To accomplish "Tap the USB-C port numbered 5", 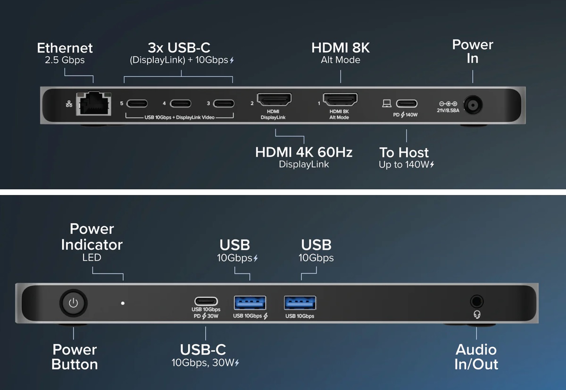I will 137,103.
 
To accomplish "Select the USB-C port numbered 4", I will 180,103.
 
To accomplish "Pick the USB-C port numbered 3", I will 224,103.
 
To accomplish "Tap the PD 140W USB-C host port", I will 406,103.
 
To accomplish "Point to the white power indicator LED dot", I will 123,303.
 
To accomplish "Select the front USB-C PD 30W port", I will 206,301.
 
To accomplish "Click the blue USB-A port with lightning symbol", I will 250,303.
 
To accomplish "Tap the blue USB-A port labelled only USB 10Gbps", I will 300,303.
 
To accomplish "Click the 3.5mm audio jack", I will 477,301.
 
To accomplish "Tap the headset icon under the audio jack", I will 477,314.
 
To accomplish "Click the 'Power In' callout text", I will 472,51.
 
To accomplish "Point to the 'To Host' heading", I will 404,153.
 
